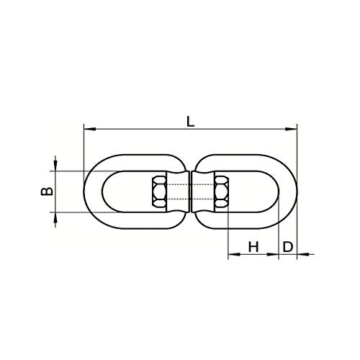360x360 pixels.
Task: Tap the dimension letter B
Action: coord(45,192)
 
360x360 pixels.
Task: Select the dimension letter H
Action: coord(253,246)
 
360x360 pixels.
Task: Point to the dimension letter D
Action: coord(287,246)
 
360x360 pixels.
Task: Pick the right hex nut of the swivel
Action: coord(221,192)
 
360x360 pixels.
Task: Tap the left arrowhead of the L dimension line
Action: coord(88,130)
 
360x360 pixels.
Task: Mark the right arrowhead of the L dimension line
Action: coord(293,130)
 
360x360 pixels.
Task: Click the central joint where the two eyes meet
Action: coord(190,192)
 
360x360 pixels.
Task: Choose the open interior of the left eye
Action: coord(126,192)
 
